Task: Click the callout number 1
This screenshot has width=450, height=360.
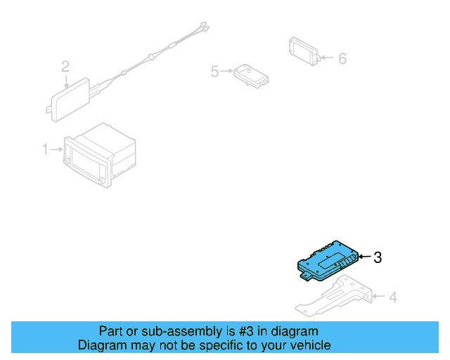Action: tap(45, 149)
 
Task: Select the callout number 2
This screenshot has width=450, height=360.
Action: tap(65, 67)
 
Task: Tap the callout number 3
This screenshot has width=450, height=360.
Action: tap(378, 258)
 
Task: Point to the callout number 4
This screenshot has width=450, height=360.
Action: tap(392, 297)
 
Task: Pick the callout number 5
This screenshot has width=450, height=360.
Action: tap(215, 71)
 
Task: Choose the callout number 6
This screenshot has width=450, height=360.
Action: tap(342, 58)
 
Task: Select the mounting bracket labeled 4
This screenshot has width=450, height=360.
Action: tap(333, 297)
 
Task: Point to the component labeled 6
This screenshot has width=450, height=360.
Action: tap(304, 51)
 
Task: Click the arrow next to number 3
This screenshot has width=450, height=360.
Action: tap(365, 258)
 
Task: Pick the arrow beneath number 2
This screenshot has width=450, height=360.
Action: tap(65, 80)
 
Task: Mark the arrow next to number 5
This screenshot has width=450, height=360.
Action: tap(227, 71)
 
